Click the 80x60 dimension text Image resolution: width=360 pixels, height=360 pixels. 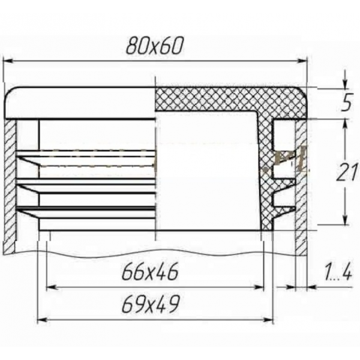(x=154, y=46)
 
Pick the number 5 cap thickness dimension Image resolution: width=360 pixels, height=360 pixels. (x=345, y=104)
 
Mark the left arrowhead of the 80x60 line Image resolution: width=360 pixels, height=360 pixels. (x=8, y=60)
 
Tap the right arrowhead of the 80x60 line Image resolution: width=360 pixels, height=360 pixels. (x=302, y=60)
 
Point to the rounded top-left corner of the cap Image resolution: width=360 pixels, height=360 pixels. (x=11, y=93)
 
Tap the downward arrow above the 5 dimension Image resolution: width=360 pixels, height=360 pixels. (x=345, y=83)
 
